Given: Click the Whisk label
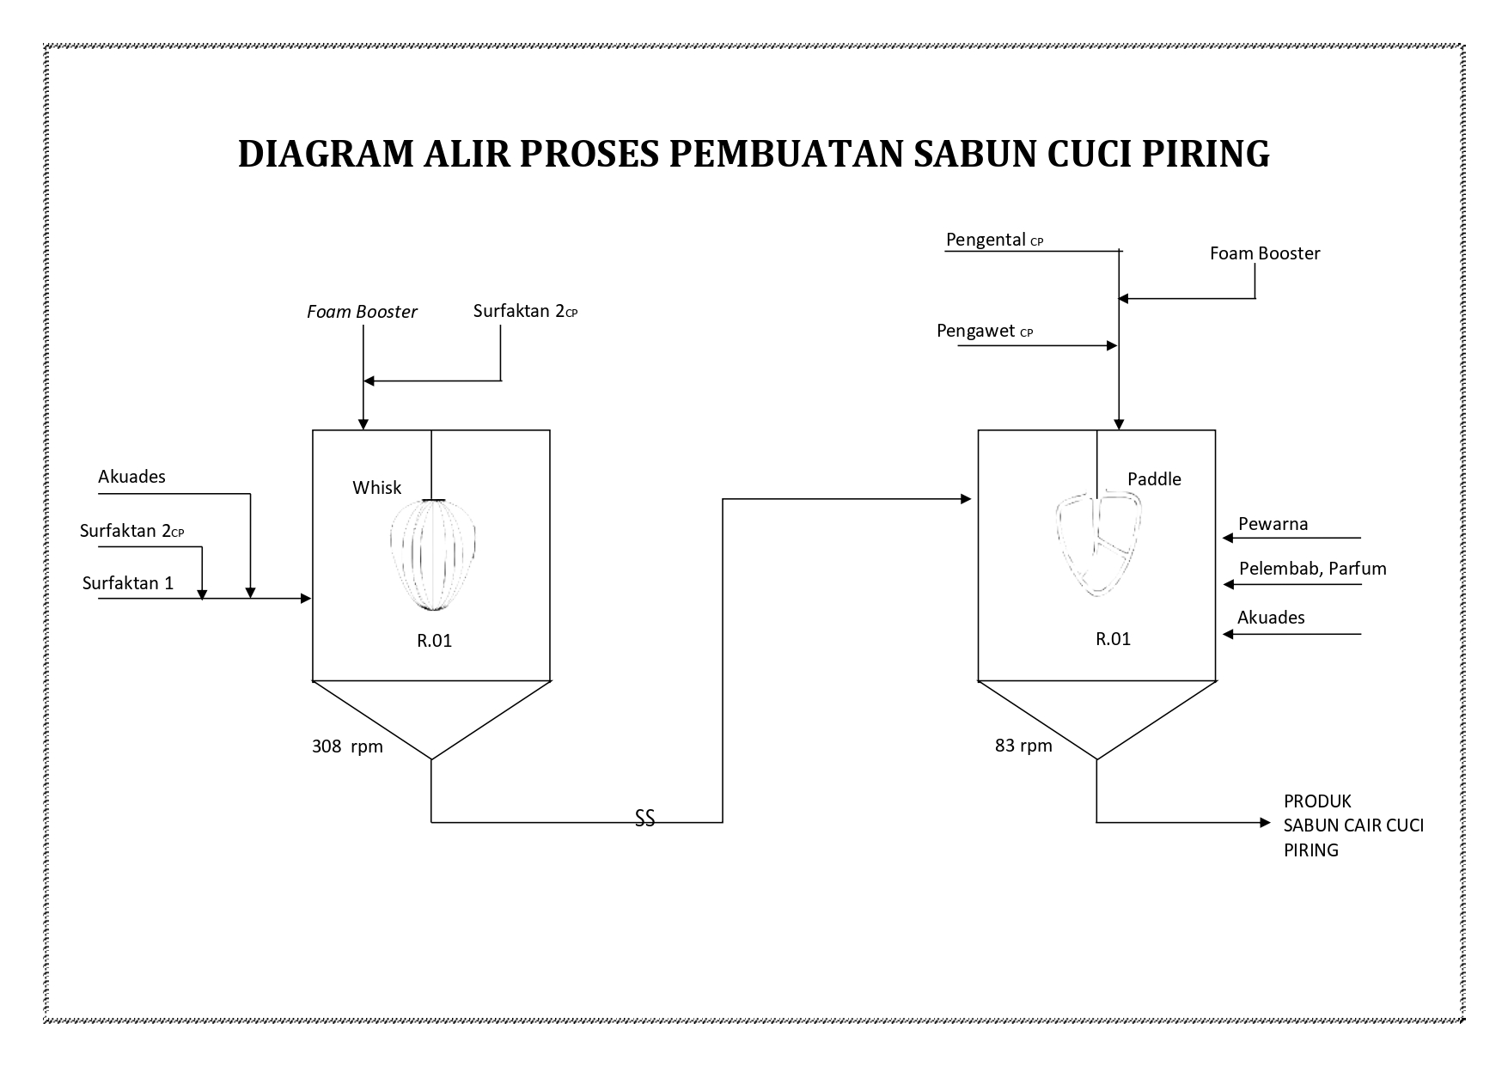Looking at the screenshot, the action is click(x=376, y=488).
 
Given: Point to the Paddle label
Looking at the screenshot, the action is click(x=1154, y=479).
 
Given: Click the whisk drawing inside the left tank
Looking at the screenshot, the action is click(x=433, y=555).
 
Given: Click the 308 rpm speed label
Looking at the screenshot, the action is click(x=347, y=746).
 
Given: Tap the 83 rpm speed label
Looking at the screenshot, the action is click(x=1023, y=746).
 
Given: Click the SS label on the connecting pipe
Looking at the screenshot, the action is click(x=644, y=819).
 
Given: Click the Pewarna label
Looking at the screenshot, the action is click(x=1273, y=524).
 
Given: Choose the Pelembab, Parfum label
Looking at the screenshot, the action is click(x=1312, y=569).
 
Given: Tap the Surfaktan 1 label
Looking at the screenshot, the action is click(x=128, y=583).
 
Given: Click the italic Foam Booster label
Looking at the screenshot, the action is click(x=362, y=312).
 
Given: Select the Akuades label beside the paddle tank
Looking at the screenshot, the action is click(x=1271, y=617).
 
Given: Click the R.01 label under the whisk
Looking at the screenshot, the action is click(x=435, y=640).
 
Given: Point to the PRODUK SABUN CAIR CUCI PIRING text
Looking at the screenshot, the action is click(x=1353, y=825).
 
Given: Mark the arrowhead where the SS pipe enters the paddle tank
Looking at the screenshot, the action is click(x=966, y=499).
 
